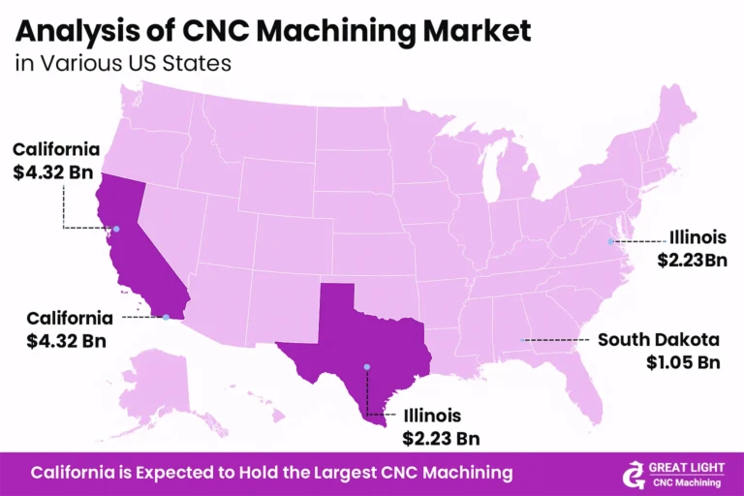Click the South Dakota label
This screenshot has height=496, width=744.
pyautogui.click(x=659, y=340)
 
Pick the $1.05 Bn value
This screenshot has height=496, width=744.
pyautogui.click(x=684, y=362)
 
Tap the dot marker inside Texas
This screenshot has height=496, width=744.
pyautogui.click(x=367, y=366)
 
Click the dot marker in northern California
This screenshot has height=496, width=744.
pyautogui.click(x=115, y=230)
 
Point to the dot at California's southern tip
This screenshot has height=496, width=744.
pyautogui.click(x=167, y=317)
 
